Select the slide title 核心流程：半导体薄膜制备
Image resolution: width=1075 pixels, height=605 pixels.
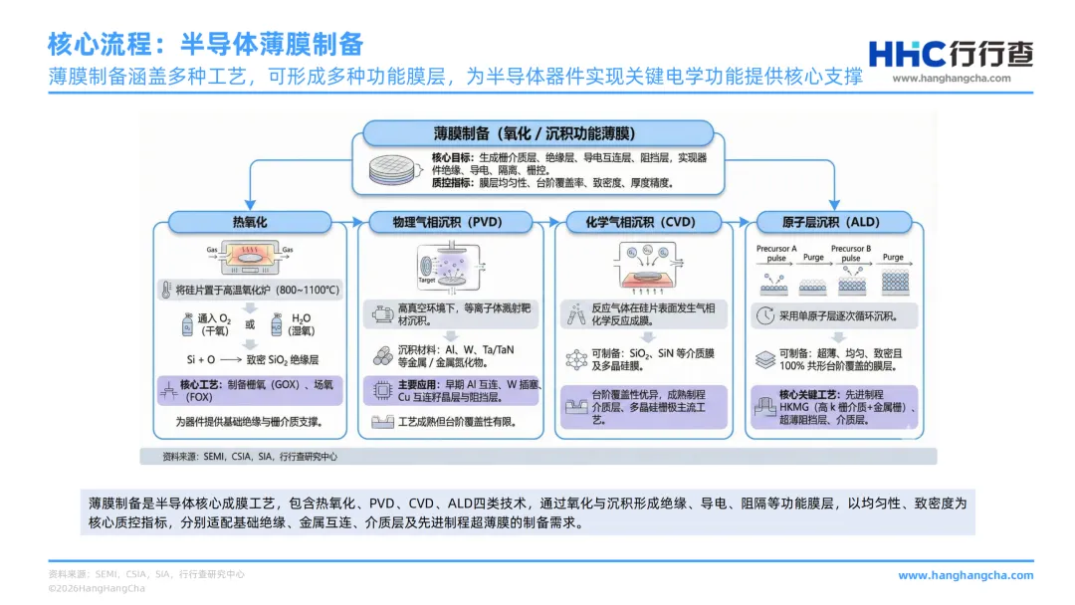[205, 45]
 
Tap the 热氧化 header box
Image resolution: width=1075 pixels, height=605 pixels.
[250, 222]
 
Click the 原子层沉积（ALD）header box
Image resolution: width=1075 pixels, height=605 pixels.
[832, 222]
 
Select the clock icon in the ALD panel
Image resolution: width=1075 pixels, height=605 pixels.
[764, 315]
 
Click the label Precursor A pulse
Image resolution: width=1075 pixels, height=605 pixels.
[776, 253]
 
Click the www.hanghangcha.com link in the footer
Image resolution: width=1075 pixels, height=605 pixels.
[966, 575]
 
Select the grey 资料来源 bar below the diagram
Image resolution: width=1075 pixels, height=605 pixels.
[537, 456]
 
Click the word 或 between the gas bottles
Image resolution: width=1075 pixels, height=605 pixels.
[250, 324]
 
